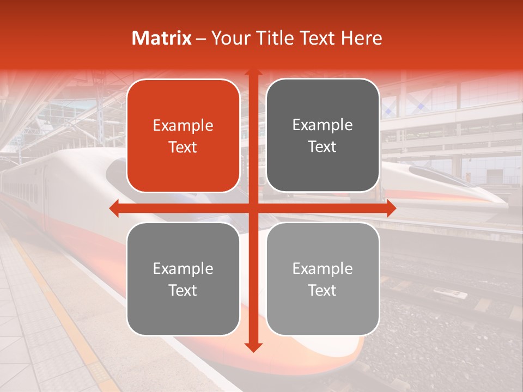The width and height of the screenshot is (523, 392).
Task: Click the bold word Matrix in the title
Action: [162, 38]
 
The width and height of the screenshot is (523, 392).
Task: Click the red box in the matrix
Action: [183, 136]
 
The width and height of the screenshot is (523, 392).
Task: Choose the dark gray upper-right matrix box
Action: [323, 136]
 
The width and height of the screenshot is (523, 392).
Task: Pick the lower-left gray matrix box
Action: [183, 279]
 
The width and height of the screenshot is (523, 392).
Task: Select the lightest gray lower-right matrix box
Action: [323, 279]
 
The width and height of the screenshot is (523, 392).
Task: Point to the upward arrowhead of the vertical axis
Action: [253, 73]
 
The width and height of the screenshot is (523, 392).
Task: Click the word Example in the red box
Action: [183, 126]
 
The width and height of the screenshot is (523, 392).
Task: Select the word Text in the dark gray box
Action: [323, 147]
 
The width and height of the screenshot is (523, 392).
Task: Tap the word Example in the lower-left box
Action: [183, 268]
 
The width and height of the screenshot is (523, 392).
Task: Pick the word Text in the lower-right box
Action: [323, 290]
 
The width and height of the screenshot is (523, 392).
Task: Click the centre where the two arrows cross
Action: [253, 209]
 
